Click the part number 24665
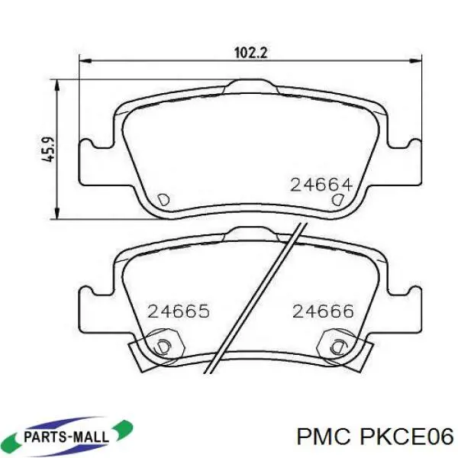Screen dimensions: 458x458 coord(179,311)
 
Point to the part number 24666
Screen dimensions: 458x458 coord(323,311)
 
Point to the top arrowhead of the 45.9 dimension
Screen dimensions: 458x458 coord(56,83)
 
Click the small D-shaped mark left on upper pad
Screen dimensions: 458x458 coord(162,199)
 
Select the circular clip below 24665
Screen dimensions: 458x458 coord(163,345)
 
